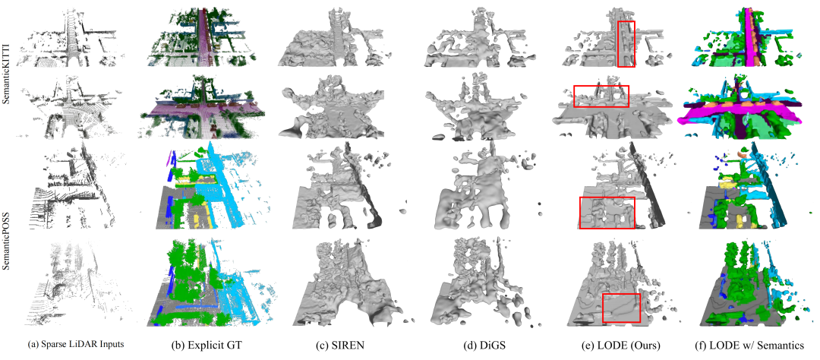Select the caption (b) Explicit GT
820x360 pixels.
click(208, 345)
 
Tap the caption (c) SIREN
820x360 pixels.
click(345, 345)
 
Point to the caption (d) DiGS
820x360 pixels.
click(480, 345)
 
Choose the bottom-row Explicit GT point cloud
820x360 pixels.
click(210, 283)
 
